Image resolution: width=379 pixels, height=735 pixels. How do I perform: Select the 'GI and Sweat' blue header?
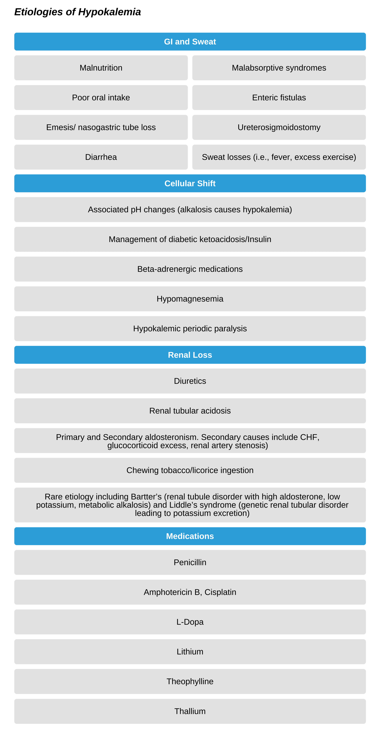[190, 42]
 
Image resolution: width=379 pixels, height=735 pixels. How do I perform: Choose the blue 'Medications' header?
[190, 536]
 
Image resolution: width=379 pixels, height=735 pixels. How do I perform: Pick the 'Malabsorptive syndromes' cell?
[279, 68]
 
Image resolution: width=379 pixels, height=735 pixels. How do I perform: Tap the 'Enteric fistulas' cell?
[279, 98]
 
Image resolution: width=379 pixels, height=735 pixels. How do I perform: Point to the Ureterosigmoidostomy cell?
[279, 127]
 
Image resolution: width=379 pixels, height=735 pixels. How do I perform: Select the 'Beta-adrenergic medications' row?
[190, 269]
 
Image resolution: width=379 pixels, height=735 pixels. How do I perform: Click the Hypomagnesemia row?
[190, 299]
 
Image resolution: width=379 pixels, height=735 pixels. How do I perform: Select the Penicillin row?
[190, 562]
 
